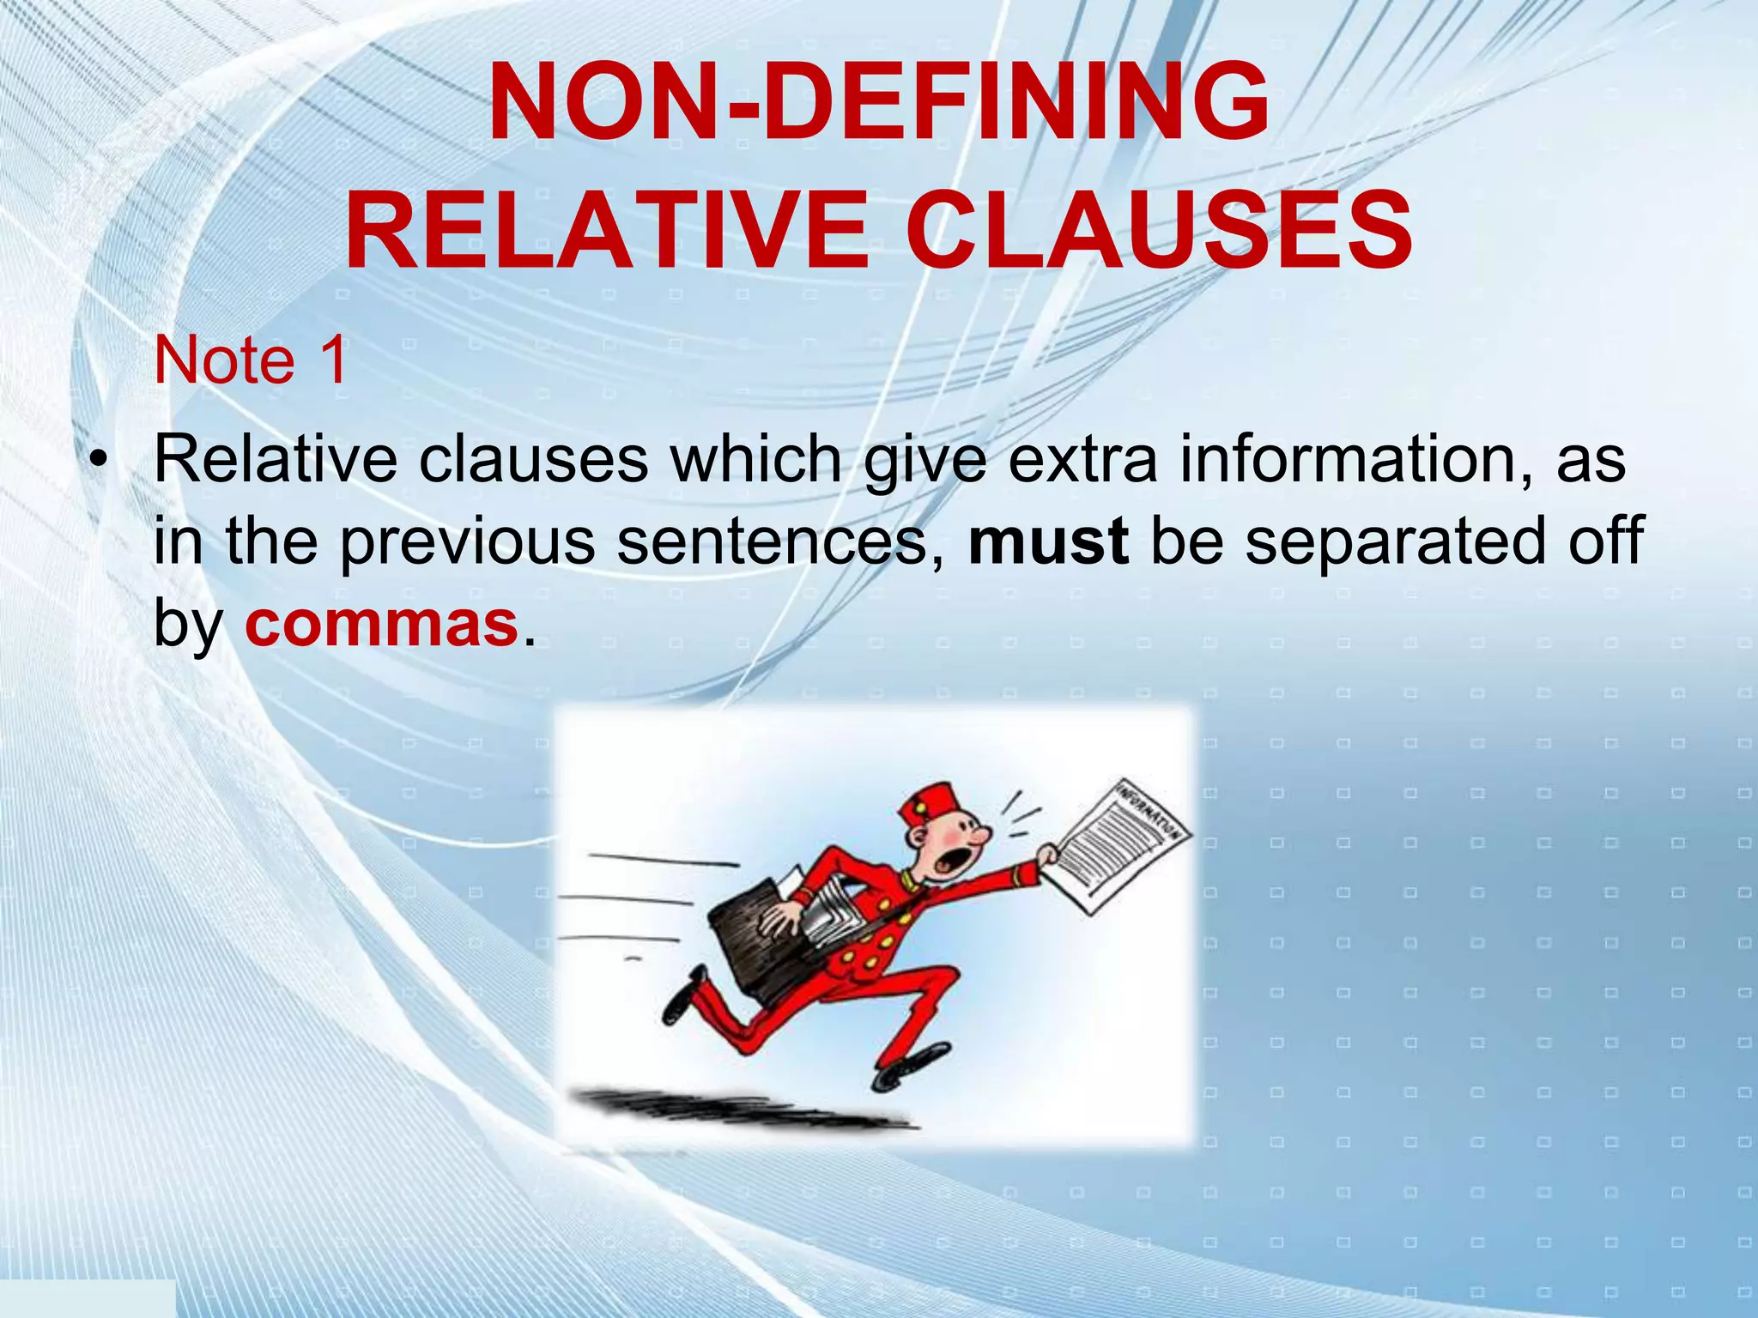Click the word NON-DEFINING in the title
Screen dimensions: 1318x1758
(878, 101)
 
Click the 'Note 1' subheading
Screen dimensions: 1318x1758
(251, 360)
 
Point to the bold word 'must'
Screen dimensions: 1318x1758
(1048, 541)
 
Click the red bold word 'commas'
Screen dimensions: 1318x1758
(381, 624)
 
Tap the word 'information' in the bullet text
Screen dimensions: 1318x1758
(1356, 460)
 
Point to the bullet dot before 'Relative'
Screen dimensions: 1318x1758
(100, 463)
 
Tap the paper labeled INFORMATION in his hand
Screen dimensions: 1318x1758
(1120, 844)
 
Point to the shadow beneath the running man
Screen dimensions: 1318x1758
(738, 1107)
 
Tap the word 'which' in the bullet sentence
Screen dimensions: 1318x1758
(756, 460)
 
